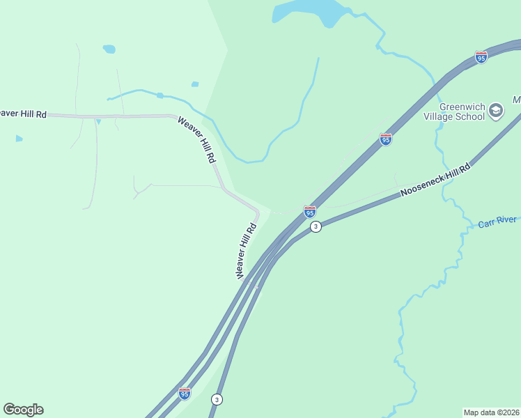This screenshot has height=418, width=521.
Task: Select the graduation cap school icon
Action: (x=496, y=111)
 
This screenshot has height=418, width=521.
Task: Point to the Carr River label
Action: (x=497, y=222)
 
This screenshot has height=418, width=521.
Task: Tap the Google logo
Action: (x=23, y=410)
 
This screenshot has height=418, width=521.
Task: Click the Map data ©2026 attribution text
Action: (x=491, y=412)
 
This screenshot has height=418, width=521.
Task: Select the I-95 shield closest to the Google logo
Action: (x=184, y=394)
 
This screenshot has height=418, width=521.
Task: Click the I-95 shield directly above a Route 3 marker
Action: (x=310, y=211)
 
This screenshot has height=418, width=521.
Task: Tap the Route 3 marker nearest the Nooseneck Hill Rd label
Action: (x=316, y=226)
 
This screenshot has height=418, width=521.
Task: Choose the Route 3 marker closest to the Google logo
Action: (x=217, y=399)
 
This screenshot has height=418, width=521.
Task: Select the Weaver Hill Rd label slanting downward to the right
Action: (x=196, y=139)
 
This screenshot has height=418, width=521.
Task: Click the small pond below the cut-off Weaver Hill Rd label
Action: (x=19, y=139)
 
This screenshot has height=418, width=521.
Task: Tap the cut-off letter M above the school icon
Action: (x=517, y=100)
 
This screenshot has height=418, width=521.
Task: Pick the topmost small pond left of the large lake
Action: (x=109, y=49)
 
